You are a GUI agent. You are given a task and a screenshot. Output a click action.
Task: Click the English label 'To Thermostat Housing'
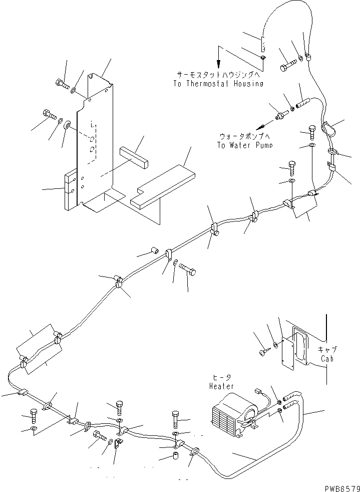click(218, 84)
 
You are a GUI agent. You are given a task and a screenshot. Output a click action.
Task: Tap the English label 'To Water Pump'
click(241, 145)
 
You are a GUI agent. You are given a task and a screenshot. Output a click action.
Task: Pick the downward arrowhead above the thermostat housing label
click(218, 65)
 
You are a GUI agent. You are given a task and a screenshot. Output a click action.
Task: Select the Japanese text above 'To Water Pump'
click(242, 136)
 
